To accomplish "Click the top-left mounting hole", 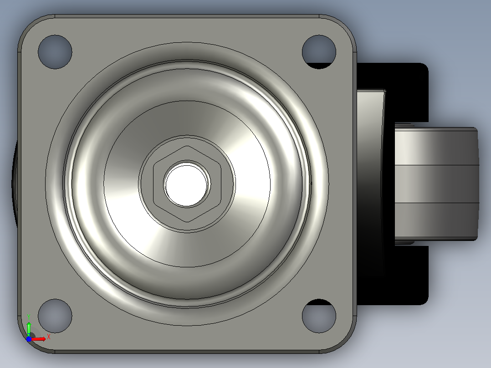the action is (x=55, y=52).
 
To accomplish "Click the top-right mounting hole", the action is (x=319, y=52).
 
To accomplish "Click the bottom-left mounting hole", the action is (x=55, y=316).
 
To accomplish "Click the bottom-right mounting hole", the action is (x=319, y=316).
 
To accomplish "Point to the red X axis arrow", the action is (x=39, y=339).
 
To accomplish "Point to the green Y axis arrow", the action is (x=29, y=328).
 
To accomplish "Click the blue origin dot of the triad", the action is (x=29, y=339).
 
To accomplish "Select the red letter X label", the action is (x=49, y=337).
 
